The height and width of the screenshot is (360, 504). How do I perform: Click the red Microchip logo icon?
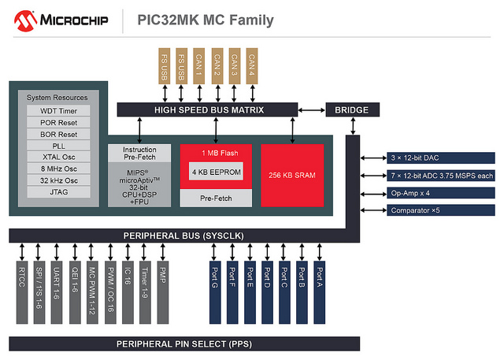click(25, 21)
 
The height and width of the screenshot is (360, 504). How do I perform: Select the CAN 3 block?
click(235, 66)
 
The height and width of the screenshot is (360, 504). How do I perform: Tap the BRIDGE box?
click(353, 110)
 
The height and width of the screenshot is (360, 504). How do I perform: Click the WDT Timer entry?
click(58, 111)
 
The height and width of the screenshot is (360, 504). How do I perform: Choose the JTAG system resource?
click(58, 192)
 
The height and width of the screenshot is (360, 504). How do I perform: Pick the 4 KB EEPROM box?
click(216, 172)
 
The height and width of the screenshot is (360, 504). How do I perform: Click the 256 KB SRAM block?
click(292, 175)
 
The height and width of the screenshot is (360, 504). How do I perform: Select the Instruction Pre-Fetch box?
click(139, 154)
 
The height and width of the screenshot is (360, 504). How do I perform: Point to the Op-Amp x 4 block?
click(441, 193)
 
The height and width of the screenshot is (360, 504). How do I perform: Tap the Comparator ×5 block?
click(441, 210)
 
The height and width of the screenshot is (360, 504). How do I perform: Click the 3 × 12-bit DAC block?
click(441, 158)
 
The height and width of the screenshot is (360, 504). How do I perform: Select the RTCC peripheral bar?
click(22, 292)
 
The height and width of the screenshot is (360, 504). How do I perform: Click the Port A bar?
click(320, 292)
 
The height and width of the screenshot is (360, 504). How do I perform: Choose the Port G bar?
click(215, 292)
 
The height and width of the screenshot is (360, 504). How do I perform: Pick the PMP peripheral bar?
click(163, 292)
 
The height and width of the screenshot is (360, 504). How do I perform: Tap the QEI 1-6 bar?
click(75, 292)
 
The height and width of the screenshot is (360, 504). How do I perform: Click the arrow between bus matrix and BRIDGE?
click(312, 110)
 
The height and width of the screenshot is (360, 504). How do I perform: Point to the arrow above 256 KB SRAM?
click(292, 130)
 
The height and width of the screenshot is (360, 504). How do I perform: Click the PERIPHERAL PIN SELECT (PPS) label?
click(184, 344)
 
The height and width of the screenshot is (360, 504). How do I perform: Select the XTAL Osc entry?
click(58, 157)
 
